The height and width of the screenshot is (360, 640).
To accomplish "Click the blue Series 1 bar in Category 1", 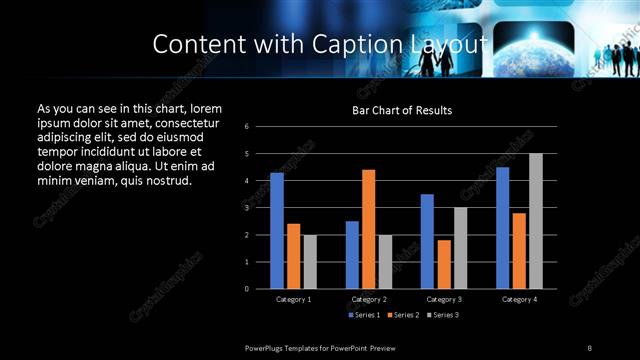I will tap(277, 231).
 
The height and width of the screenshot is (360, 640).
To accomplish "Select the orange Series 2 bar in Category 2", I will tap(368, 229).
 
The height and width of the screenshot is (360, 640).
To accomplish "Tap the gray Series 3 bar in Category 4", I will tap(536, 221).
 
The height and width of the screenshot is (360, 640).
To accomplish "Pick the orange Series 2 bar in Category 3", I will tap(444, 264).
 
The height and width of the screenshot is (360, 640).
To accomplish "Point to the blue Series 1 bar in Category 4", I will tap(503, 228).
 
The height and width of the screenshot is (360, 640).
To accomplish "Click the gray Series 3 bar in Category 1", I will tap(310, 262).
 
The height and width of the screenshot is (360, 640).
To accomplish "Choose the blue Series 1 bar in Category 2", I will tap(352, 255).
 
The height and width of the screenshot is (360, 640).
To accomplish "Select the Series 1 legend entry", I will tap(363, 315).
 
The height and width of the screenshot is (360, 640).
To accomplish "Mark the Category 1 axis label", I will tap(293, 299).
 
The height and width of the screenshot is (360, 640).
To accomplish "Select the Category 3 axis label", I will tap(444, 299).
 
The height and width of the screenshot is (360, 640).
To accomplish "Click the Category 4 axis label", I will tap(519, 299).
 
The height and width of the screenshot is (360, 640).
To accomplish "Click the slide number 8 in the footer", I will tap(590, 347).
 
